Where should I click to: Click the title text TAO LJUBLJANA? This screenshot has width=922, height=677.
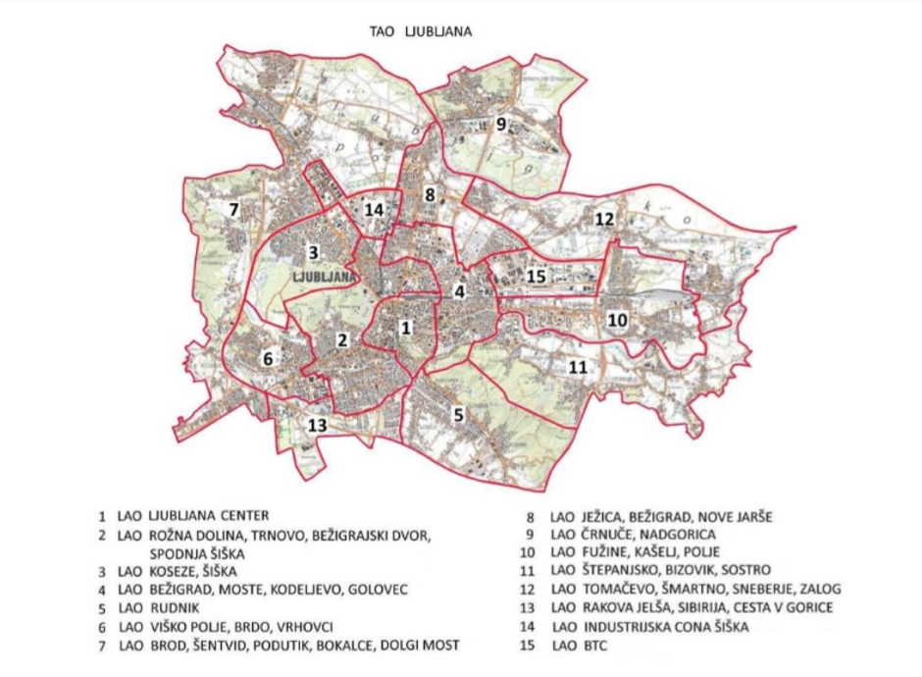[x=420, y=31]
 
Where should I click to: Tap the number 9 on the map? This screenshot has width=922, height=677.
[x=501, y=125]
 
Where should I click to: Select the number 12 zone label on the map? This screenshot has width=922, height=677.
[x=604, y=220]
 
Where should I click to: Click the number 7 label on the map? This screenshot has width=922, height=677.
[x=233, y=209]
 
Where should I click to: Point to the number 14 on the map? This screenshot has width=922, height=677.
[x=374, y=210]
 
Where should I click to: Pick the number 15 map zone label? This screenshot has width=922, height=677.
[x=535, y=277]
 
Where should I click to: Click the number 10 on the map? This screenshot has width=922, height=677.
[x=616, y=320]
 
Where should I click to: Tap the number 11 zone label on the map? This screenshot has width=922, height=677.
[x=578, y=367]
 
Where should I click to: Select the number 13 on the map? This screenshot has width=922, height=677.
[x=316, y=425]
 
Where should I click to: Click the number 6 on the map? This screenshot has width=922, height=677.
[x=267, y=358]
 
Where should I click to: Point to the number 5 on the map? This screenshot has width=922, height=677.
[x=458, y=414]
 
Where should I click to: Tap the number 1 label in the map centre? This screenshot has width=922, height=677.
[x=404, y=326]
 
